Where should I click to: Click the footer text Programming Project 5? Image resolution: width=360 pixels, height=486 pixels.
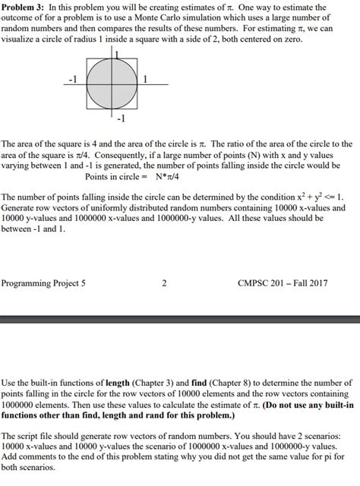click(x=43, y=283)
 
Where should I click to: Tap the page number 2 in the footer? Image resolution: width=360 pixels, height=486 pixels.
click(x=164, y=283)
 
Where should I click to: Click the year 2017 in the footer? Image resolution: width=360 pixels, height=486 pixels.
click(x=317, y=283)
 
